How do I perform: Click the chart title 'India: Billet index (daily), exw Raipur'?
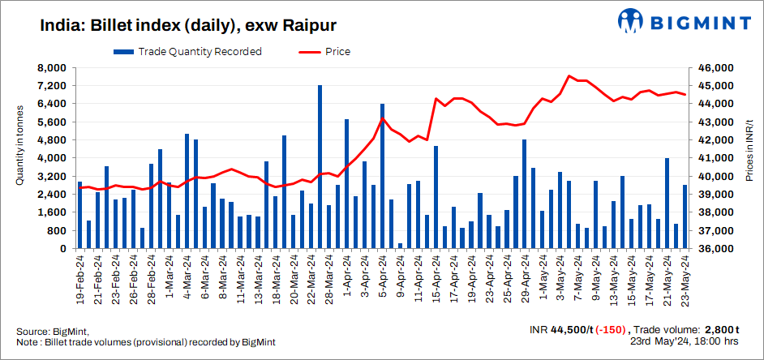187,25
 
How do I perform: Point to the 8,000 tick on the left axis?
53,68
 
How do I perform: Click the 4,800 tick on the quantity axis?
53,140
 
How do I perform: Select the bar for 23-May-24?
685,216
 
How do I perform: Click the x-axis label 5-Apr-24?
382,277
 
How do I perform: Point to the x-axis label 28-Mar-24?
320,277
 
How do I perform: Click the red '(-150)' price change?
611,329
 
